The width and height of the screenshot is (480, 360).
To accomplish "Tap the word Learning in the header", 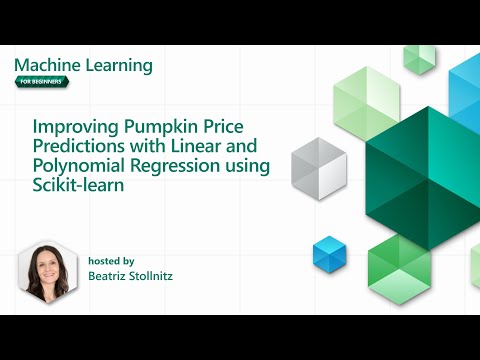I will point(119,66).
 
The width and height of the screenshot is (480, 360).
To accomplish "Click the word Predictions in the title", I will point(79,148).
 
